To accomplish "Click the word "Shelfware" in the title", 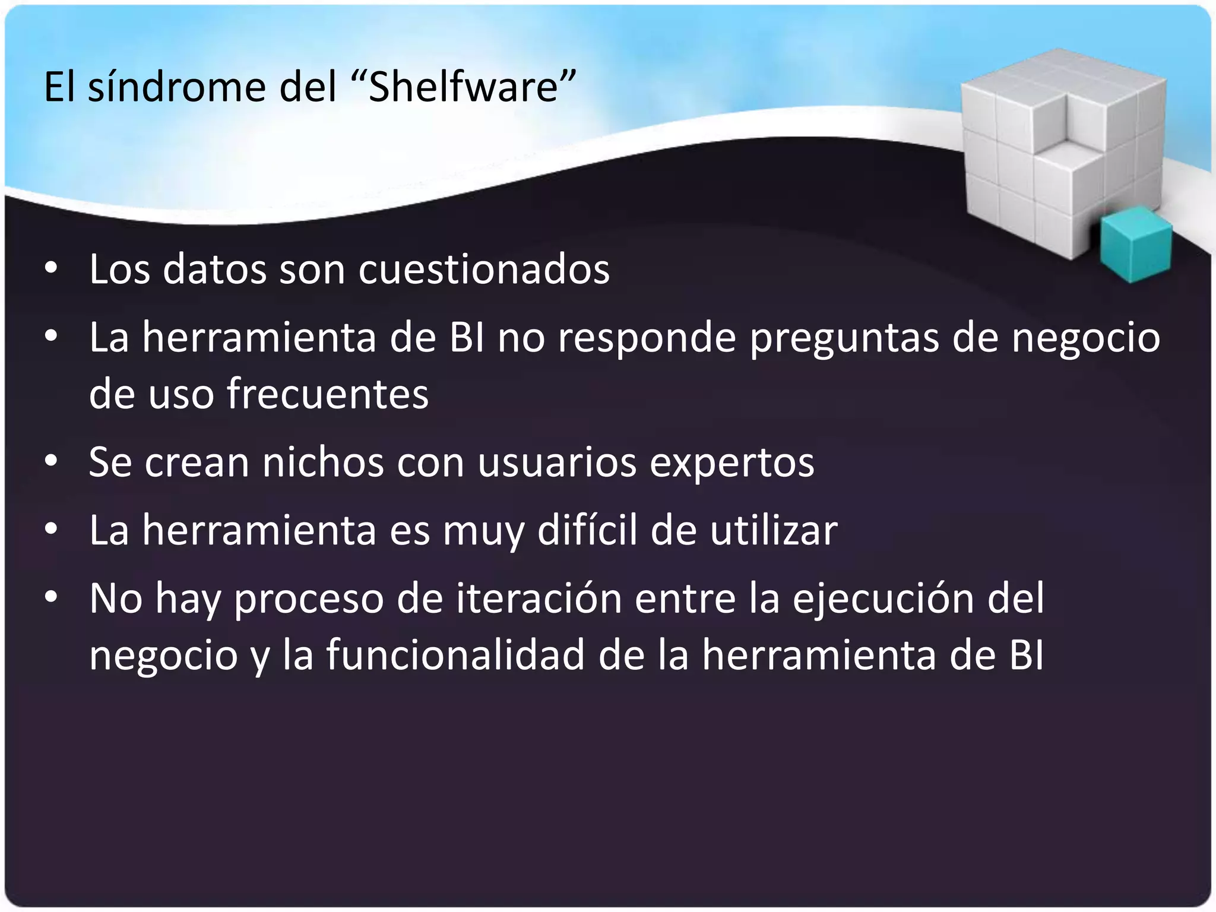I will click(464, 87).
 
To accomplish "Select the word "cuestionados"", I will click(483, 270).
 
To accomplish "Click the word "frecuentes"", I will click(327, 394).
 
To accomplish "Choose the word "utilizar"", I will click(774, 530).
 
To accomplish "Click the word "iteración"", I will click(539, 598).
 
